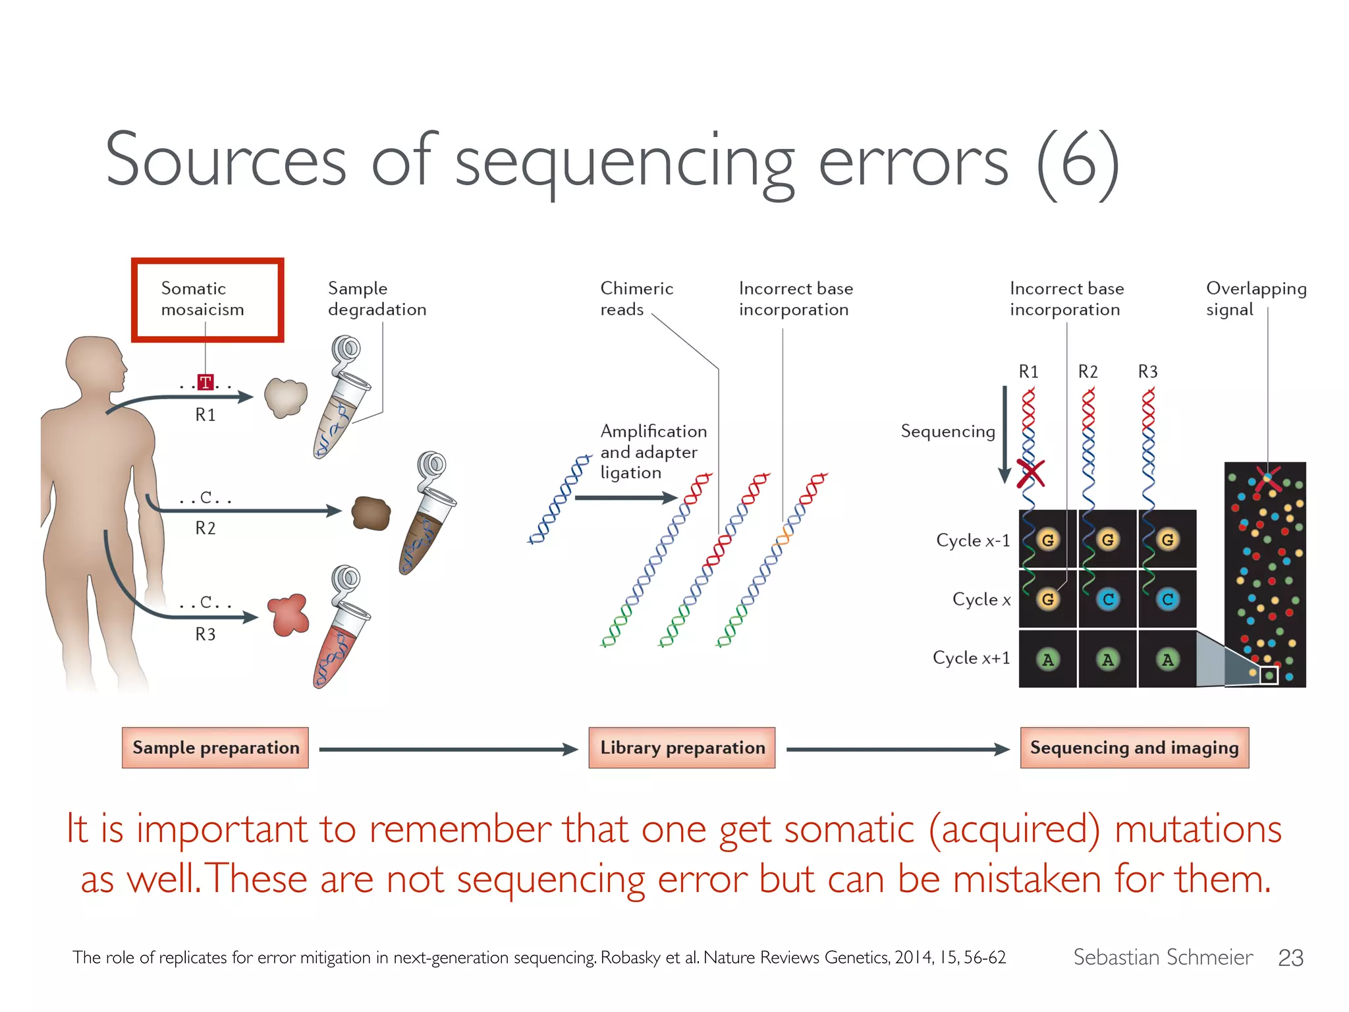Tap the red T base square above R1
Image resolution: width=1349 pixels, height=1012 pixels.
click(x=206, y=382)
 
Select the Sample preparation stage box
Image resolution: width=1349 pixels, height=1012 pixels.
click(x=215, y=748)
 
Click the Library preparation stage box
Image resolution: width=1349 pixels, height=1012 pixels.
click(x=682, y=748)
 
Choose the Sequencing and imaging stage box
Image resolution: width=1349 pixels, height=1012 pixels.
click(x=1134, y=748)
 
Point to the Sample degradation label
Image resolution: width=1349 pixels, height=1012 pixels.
click(x=377, y=298)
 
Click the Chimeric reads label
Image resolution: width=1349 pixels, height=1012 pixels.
click(x=636, y=298)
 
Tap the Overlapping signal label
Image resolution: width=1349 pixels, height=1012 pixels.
click(x=1255, y=298)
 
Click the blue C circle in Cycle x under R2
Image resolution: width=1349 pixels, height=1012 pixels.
click(x=1108, y=599)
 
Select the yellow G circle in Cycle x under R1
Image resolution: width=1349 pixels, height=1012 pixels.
click(x=1047, y=599)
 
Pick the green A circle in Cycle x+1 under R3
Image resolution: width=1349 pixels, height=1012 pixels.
click(x=1167, y=659)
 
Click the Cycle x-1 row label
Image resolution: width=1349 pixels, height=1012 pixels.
click(x=972, y=540)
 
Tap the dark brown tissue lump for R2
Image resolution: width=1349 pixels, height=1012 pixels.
click(x=371, y=513)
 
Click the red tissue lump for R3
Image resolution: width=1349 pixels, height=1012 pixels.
click(x=289, y=615)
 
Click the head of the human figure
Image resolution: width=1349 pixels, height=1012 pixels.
click(x=96, y=366)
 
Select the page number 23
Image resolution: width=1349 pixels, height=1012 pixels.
click(x=1290, y=957)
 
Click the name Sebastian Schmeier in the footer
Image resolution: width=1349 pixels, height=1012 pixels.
click(x=1163, y=957)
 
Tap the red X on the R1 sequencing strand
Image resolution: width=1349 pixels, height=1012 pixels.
click(x=1030, y=473)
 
